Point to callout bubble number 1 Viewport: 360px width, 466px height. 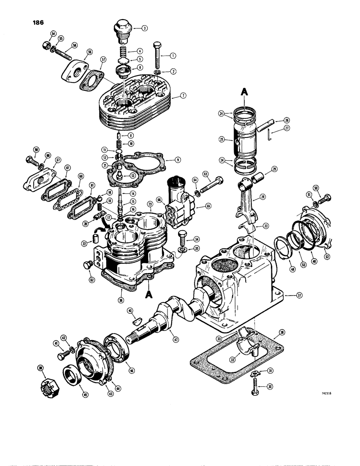pyautogui.click(x=173, y=55)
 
